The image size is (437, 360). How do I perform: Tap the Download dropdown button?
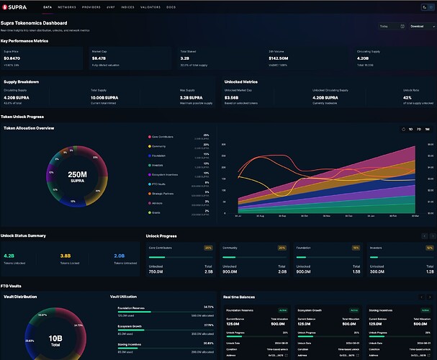click(x=419, y=26)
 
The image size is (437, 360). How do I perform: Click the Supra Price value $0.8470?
click(x=12, y=58)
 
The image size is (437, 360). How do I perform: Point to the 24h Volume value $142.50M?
click(x=279, y=58)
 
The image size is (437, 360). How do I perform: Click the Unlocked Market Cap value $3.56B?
click(x=233, y=96)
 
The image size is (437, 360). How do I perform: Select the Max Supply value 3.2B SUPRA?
click(x=193, y=96)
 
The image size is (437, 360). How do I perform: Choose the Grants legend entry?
click(x=156, y=212)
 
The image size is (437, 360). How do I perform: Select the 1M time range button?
click(x=427, y=129)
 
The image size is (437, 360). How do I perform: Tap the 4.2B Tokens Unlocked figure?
click(x=9, y=255)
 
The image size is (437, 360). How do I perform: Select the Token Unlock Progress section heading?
click(x=24, y=116)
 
